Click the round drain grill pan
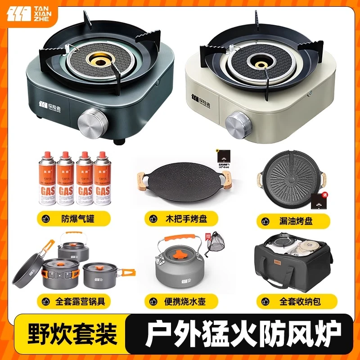tap(290, 177)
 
